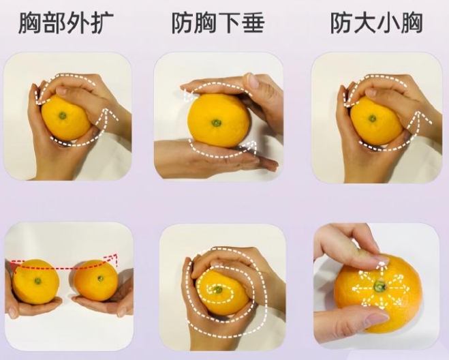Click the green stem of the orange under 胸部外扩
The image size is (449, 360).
(x=63, y=115)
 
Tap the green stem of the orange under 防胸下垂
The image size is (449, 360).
(x=216, y=123)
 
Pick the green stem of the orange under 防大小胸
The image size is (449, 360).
(x=372, y=118)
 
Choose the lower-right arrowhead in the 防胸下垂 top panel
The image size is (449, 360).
(x=253, y=144)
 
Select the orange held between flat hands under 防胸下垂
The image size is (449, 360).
(x=217, y=121)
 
